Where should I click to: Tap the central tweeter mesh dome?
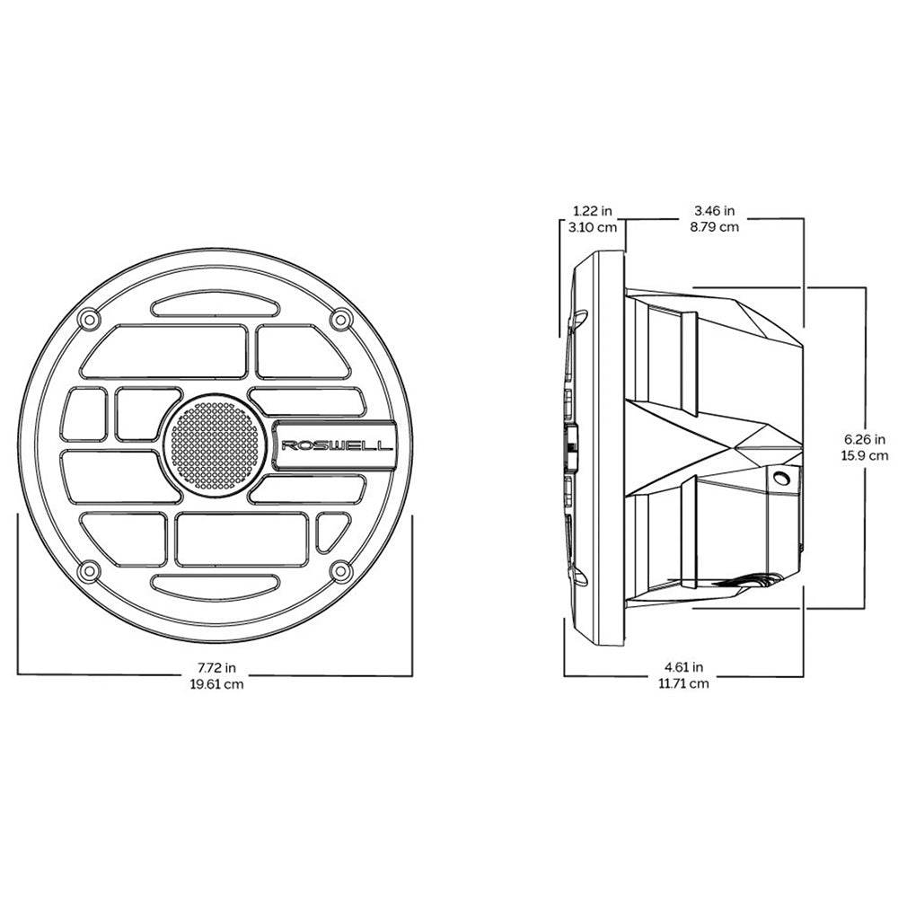pos(215,445)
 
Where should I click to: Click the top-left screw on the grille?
pos(89,319)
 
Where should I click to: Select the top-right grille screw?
pos(341,319)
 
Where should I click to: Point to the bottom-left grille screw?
pos(89,570)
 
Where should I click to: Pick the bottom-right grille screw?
pos(341,570)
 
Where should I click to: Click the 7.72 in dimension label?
pos(216,667)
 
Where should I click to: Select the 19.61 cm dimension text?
pos(216,683)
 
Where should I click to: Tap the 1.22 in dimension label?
pos(593,211)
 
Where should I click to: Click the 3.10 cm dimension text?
pos(593,227)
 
